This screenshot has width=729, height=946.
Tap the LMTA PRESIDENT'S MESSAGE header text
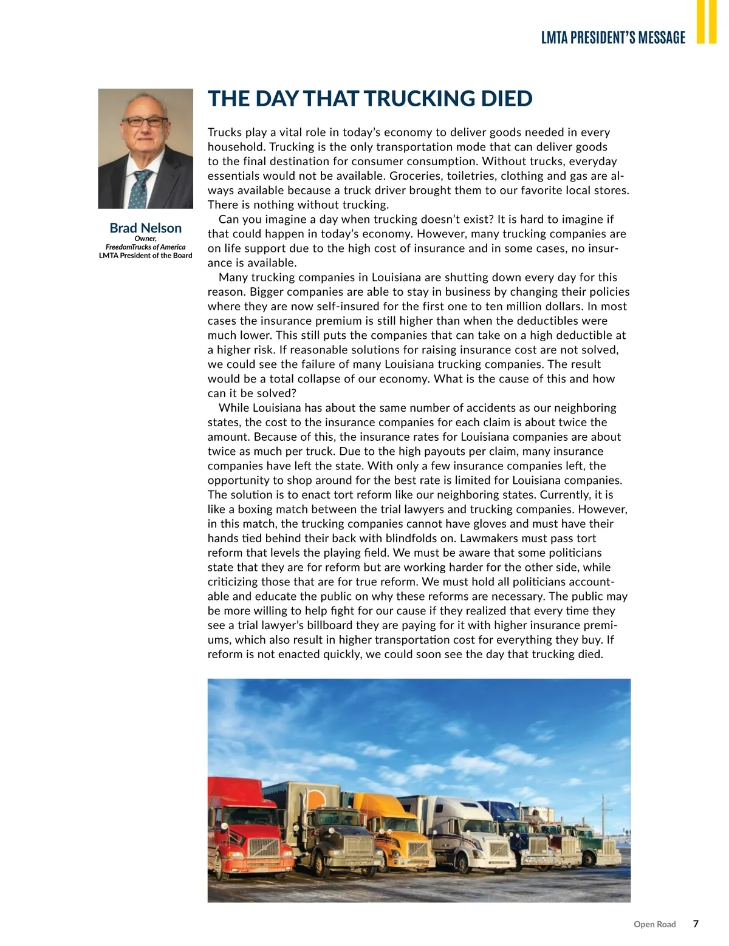[x=613, y=38]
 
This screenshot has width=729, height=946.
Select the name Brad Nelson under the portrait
[x=145, y=228]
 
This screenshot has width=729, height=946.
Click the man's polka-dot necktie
[x=142, y=188]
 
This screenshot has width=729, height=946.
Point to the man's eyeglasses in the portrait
[x=145, y=121]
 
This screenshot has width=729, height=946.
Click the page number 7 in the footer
[x=696, y=924]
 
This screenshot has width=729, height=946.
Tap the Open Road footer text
[x=654, y=924]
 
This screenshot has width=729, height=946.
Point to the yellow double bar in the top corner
[x=707, y=21]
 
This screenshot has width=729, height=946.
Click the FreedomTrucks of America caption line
[x=145, y=247]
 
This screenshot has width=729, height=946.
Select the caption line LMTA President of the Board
[x=145, y=256]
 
